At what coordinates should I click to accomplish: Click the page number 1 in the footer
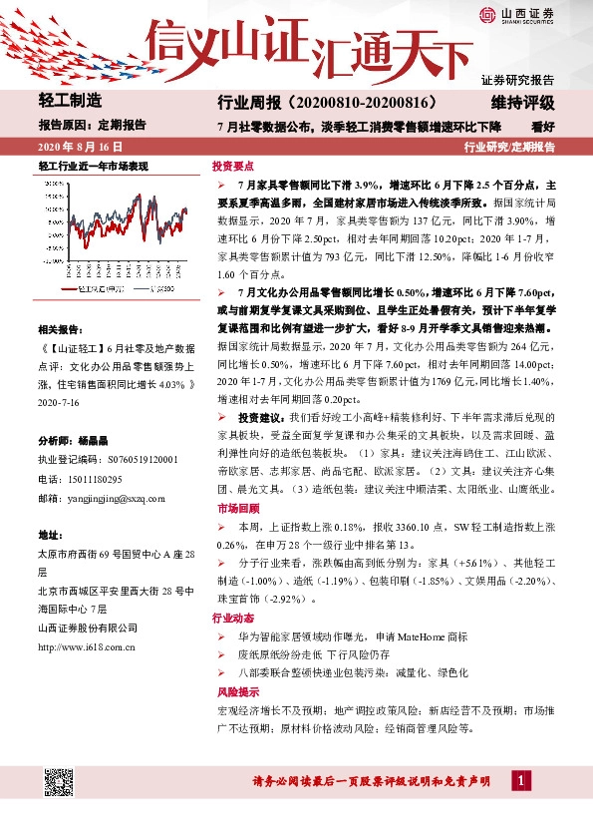520,779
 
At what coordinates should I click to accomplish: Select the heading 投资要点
233,167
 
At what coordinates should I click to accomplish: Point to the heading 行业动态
233,619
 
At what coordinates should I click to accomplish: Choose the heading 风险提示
233,690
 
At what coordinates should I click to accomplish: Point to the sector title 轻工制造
70,101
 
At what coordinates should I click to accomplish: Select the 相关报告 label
62,328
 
